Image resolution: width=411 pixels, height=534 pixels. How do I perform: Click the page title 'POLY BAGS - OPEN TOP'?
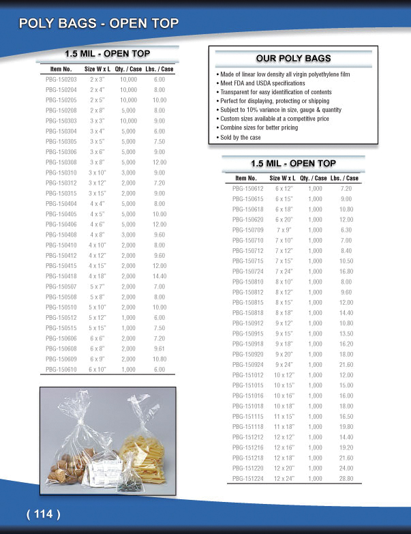click(99, 24)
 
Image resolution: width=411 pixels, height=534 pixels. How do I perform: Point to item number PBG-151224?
click(248, 479)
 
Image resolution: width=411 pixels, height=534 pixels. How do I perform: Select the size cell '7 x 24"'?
click(284, 270)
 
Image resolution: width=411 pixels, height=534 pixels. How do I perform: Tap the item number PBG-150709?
click(248, 229)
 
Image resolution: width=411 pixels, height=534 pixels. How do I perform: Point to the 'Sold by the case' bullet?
click(240, 137)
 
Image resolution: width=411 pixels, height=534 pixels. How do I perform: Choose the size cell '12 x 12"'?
click(284, 436)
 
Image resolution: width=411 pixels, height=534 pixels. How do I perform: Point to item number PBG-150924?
click(248, 364)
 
